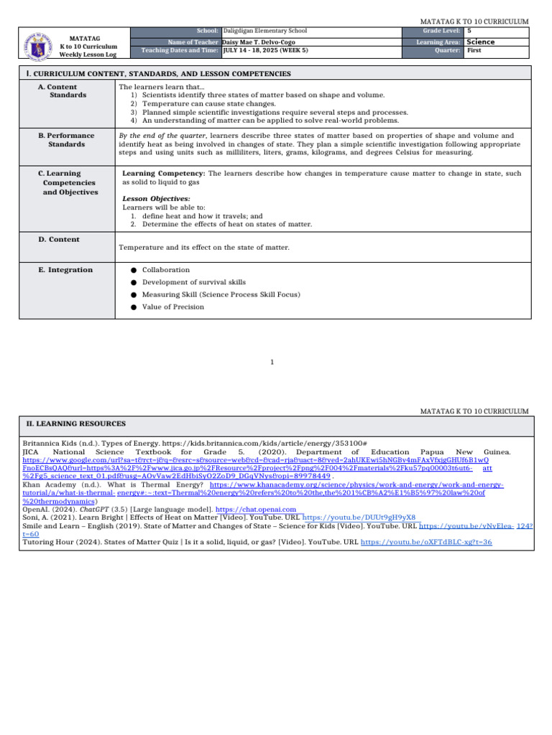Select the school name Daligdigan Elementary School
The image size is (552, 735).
265,32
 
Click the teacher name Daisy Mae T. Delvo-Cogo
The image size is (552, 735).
259,42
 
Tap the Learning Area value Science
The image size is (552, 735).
481,42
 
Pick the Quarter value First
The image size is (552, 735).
474,51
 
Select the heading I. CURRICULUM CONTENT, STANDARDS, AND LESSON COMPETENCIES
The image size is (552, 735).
158,74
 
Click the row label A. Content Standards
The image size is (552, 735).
68,90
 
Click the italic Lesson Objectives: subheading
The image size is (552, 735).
156,198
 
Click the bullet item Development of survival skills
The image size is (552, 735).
193,282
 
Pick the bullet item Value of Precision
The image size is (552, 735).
172,306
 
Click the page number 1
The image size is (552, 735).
272,362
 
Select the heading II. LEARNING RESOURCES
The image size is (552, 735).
75,424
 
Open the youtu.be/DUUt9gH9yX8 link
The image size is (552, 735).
359,517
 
